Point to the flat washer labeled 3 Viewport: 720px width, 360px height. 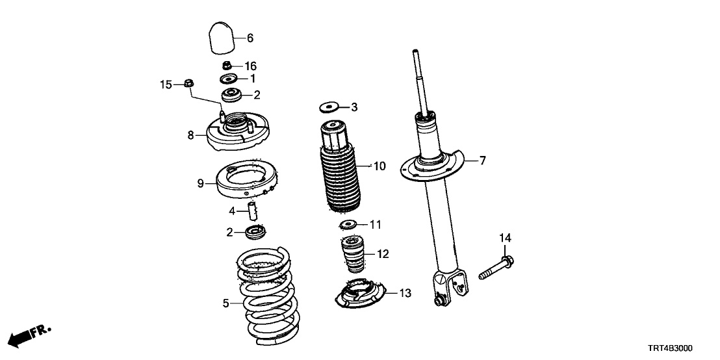pyautogui.click(x=331, y=106)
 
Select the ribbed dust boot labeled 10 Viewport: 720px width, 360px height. pyautogui.click(x=339, y=168)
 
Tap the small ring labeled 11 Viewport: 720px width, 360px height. pyautogui.click(x=348, y=225)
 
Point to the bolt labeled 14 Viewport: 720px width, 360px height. pyautogui.click(x=496, y=270)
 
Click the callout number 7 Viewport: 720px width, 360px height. pyautogui.click(x=483, y=160)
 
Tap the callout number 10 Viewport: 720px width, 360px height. pyautogui.click(x=379, y=167)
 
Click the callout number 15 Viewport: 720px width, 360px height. pyautogui.click(x=167, y=84)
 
